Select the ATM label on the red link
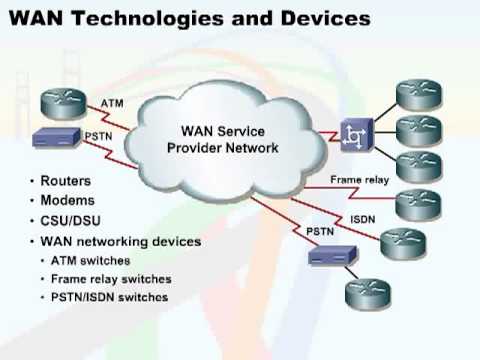click(x=113, y=103)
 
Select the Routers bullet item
click(x=67, y=181)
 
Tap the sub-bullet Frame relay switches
click(x=111, y=280)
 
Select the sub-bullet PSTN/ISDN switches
click(x=110, y=298)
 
